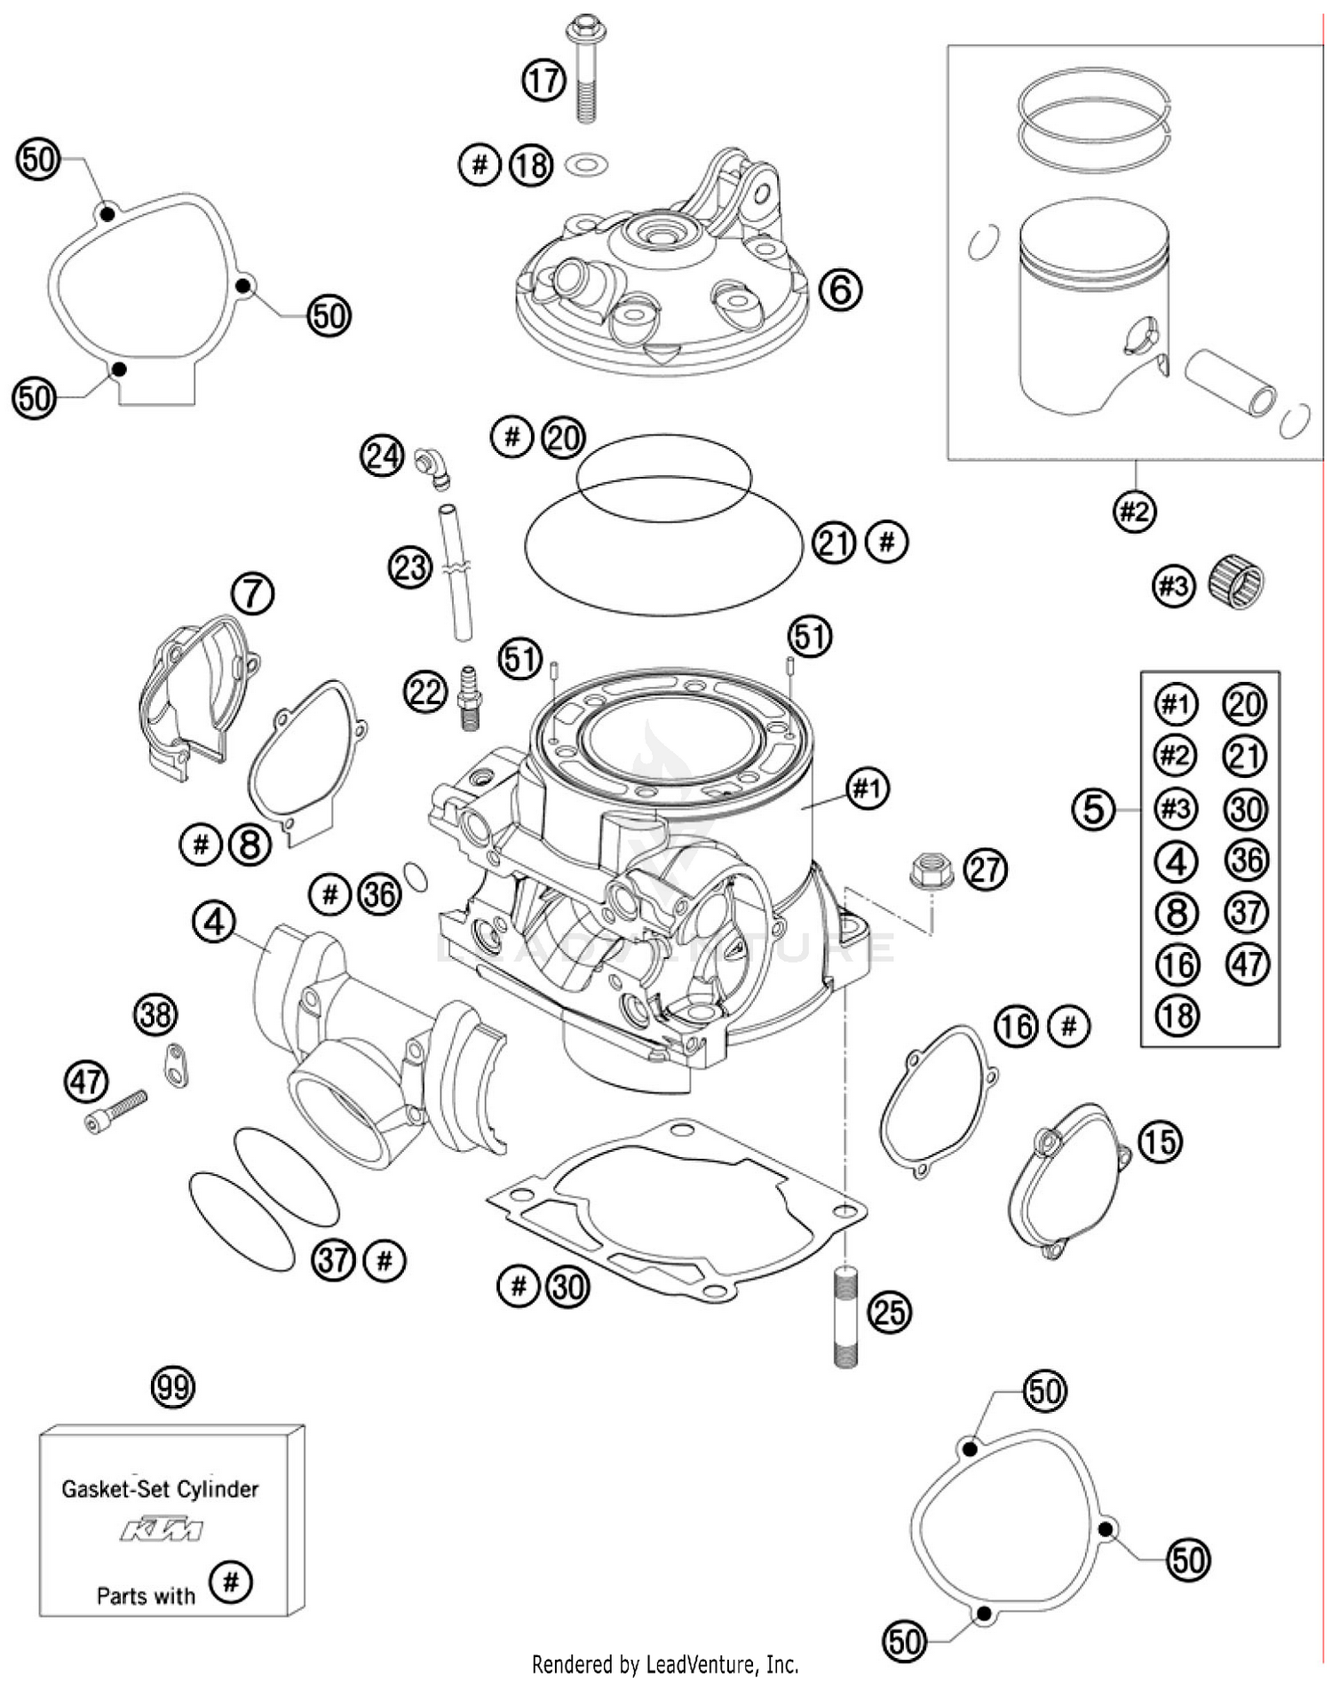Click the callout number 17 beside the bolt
(x=543, y=81)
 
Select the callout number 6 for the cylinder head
(x=839, y=289)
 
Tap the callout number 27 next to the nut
(x=986, y=869)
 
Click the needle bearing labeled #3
(x=1236, y=583)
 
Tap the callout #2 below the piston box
(x=1134, y=512)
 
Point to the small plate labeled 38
(x=176, y=1064)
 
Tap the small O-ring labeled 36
(x=416, y=876)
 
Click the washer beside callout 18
(x=586, y=163)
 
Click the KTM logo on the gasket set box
(x=162, y=1529)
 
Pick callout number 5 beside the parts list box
(x=1093, y=809)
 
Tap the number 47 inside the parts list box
(x=1248, y=964)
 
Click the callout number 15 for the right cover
(x=1160, y=1141)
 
